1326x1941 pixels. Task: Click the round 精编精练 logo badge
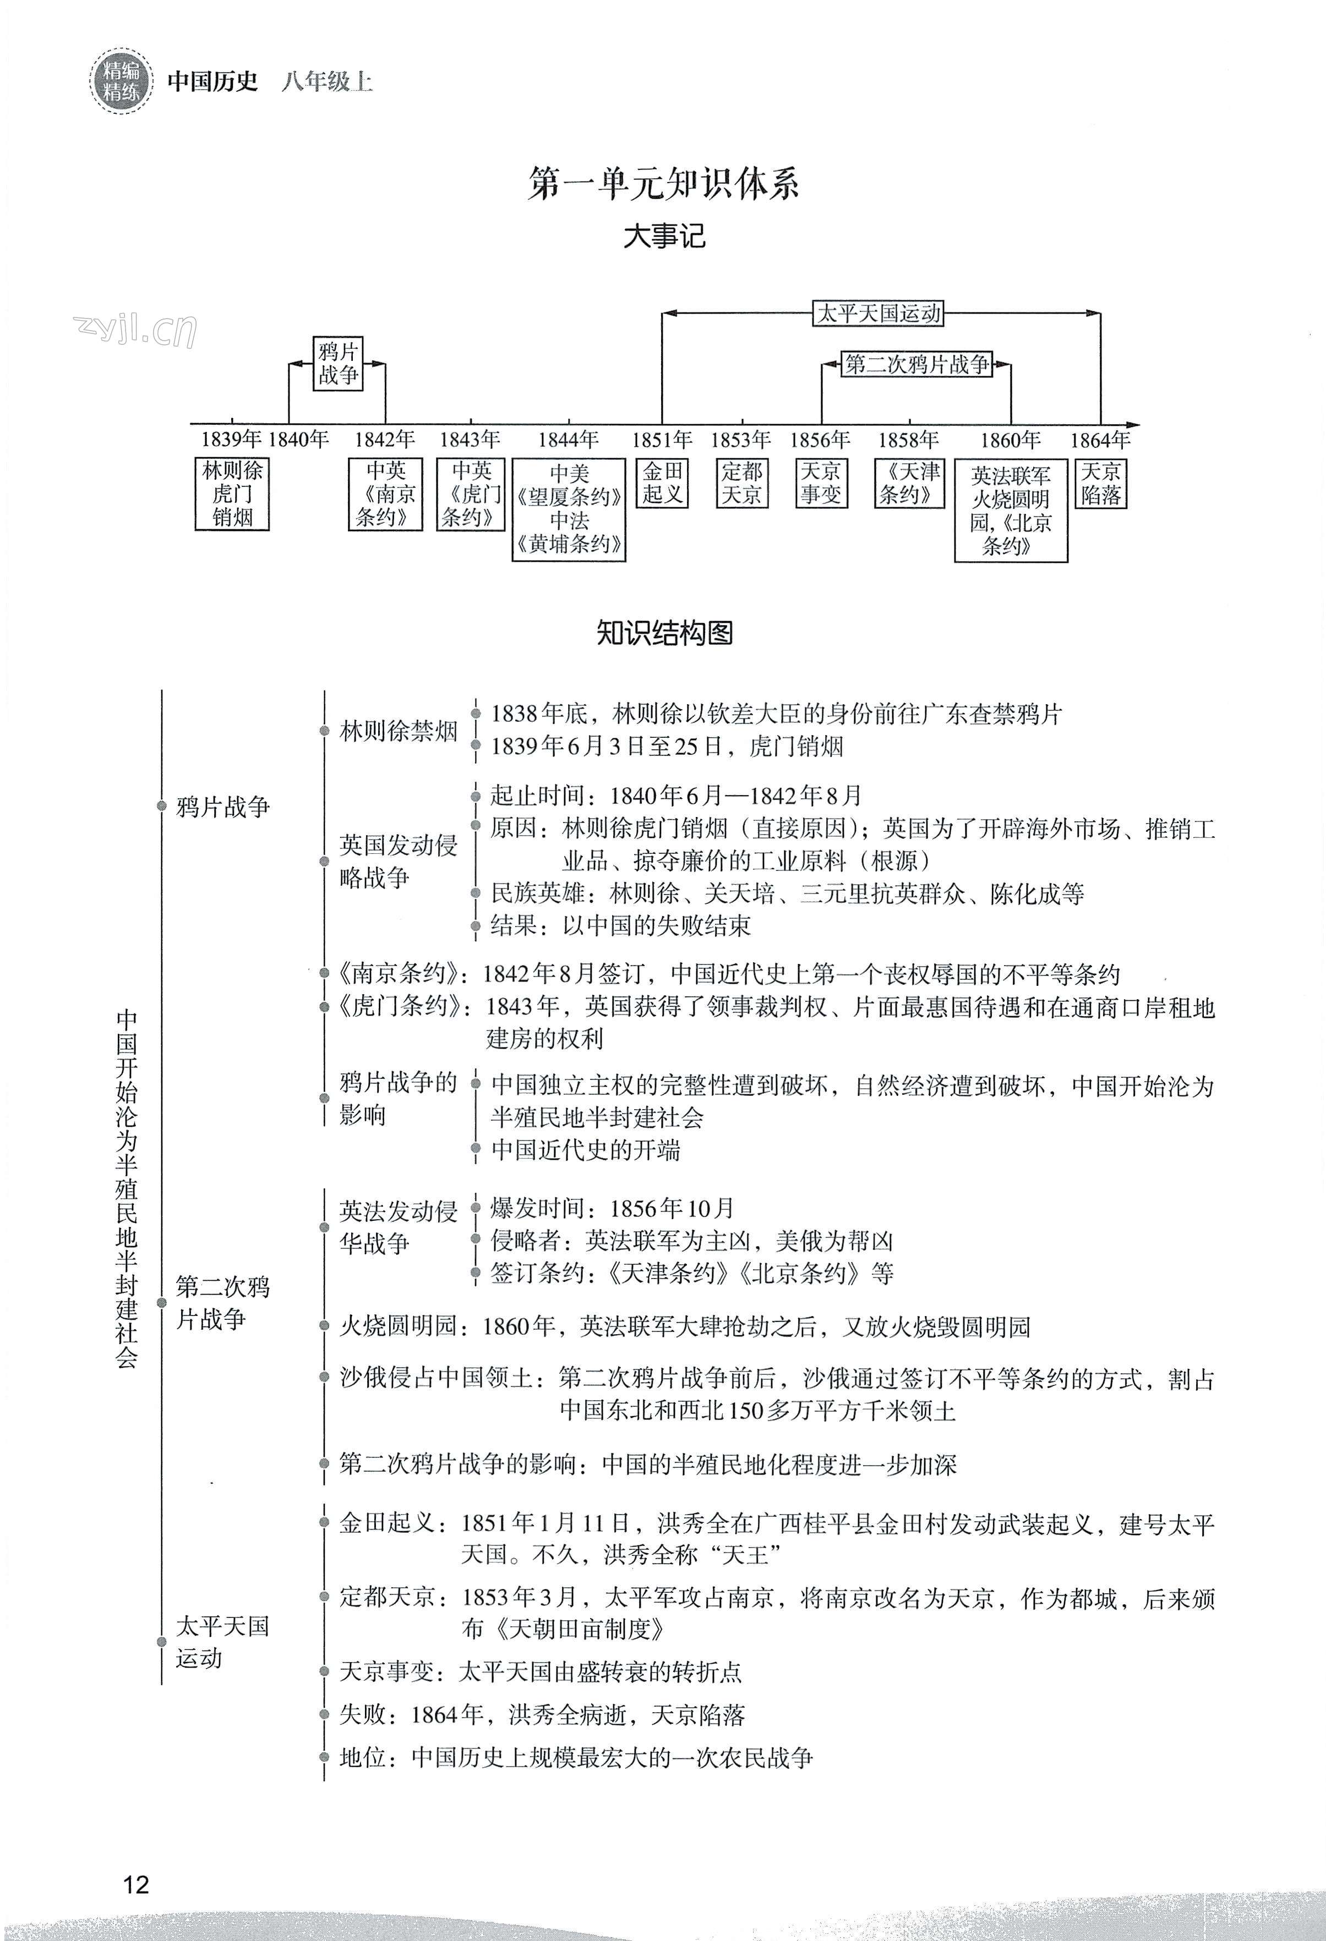[x=121, y=81]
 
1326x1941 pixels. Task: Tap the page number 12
[x=135, y=1884]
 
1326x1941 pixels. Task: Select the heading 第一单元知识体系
[x=663, y=183]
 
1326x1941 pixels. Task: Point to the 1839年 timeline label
[x=231, y=440]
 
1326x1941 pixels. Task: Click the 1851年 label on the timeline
[x=662, y=440]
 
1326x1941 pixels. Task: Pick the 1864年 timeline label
[x=1100, y=440]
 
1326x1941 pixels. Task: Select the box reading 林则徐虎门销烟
[x=232, y=494]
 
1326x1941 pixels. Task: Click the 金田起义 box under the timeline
[x=663, y=482]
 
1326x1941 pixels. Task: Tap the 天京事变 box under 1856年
[x=821, y=482]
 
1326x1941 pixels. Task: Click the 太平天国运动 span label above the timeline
[x=878, y=313]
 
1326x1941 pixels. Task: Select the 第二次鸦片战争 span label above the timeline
[x=916, y=364]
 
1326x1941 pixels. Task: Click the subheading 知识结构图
[x=664, y=632]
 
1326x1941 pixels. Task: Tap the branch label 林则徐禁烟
[x=399, y=731]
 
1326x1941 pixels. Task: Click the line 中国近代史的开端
[x=586, y=1150]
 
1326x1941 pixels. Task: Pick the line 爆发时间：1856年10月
[x=613, y=1208]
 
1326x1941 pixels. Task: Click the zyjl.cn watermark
[x=135, y=331]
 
